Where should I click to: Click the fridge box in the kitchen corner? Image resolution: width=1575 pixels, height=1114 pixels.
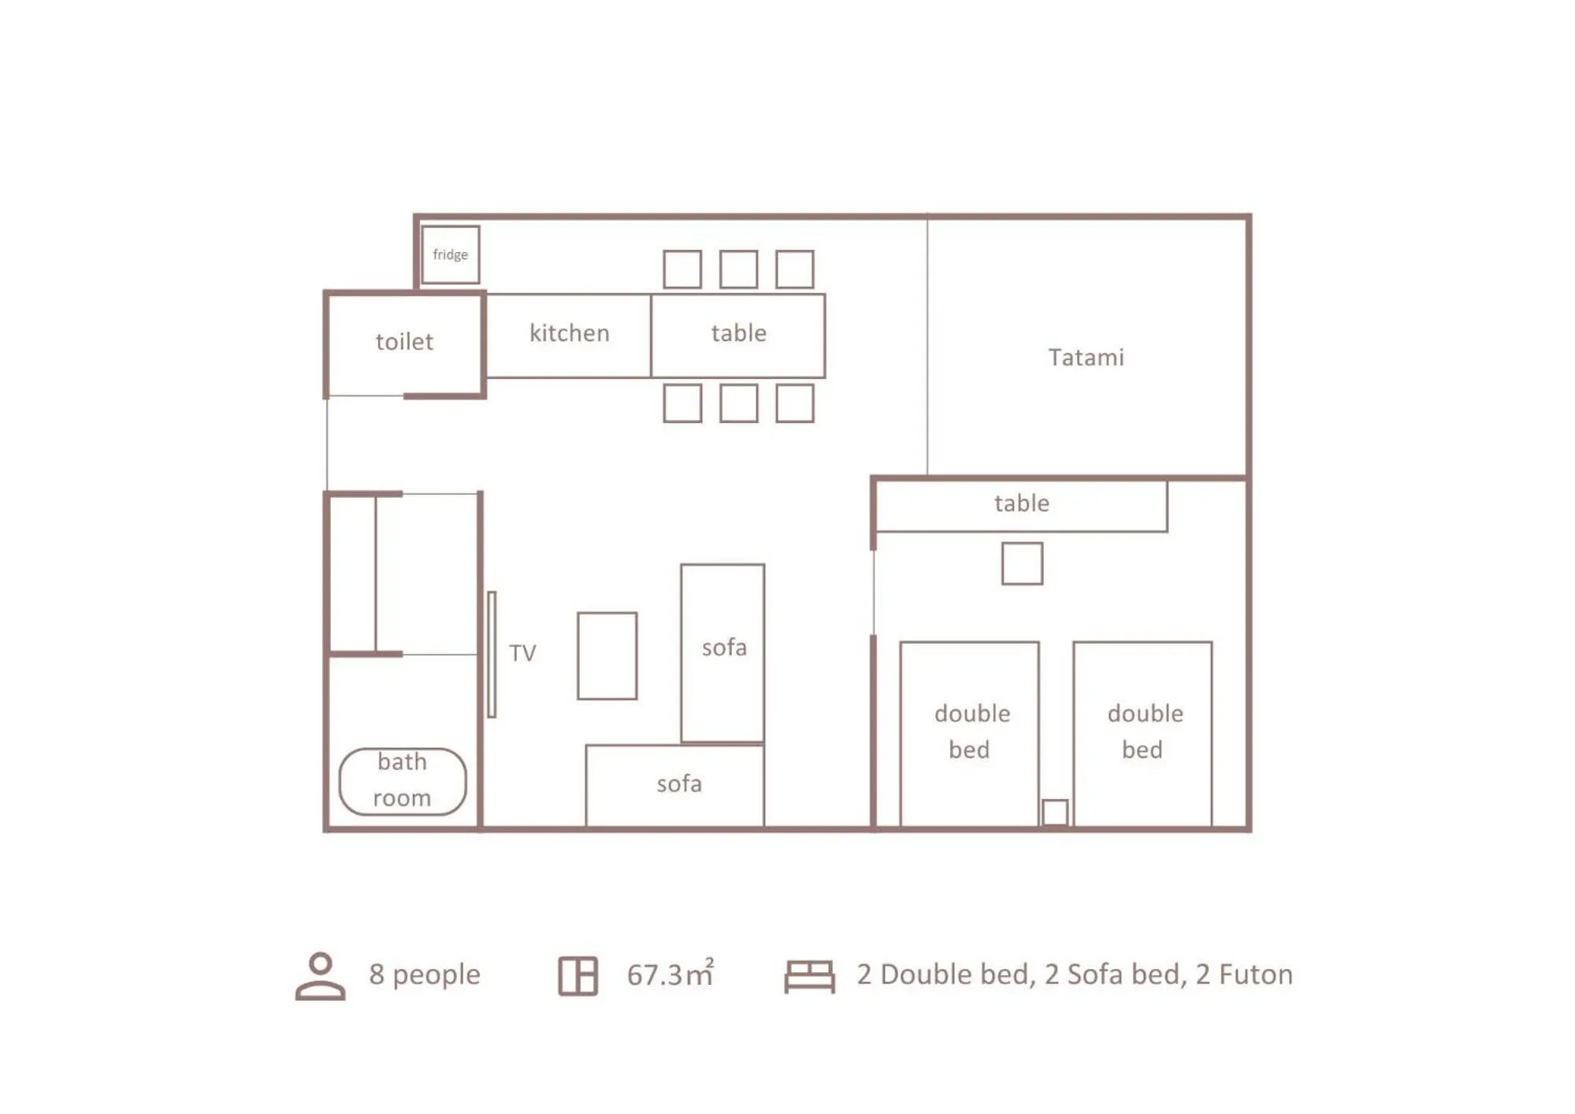450,254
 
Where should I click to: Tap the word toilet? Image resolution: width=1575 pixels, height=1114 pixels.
404,342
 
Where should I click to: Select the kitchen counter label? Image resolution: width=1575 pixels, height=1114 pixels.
569,333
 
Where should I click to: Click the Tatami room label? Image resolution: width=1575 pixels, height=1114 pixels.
1086,358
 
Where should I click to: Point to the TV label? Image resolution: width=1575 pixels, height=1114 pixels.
522,653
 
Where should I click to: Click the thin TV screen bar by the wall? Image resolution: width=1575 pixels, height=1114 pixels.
492,654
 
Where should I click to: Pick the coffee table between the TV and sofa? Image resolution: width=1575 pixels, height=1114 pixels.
607,655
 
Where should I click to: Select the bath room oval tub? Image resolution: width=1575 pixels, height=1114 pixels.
403,781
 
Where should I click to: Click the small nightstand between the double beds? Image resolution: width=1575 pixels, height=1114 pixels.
1054,811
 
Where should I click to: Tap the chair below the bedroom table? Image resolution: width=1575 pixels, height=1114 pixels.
1022,563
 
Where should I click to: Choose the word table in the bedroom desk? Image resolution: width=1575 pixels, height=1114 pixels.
1021,503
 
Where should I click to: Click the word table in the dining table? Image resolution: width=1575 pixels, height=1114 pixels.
738,333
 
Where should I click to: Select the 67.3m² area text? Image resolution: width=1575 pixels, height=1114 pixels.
670,975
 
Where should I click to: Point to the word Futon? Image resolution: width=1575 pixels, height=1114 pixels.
1255,975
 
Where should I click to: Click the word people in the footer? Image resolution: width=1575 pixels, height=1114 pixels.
436,975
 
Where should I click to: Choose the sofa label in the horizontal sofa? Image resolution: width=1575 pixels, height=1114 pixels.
678,784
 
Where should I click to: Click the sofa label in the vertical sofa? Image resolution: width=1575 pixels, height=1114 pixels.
724,648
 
